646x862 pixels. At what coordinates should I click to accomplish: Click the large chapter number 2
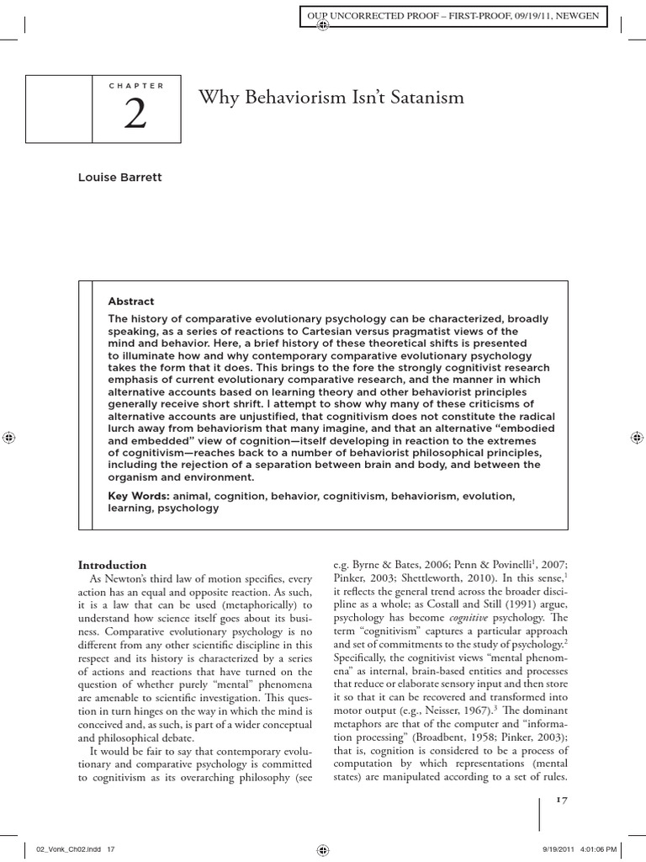click(x=135, y=115)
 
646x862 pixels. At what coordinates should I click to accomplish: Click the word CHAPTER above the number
click(x=136, y=86)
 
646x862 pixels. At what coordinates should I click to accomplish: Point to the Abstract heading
click(x=131, y=301)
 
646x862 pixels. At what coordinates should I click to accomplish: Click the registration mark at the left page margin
click(x=9, y=438)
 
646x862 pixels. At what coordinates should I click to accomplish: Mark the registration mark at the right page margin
click(x=637, y=438)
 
